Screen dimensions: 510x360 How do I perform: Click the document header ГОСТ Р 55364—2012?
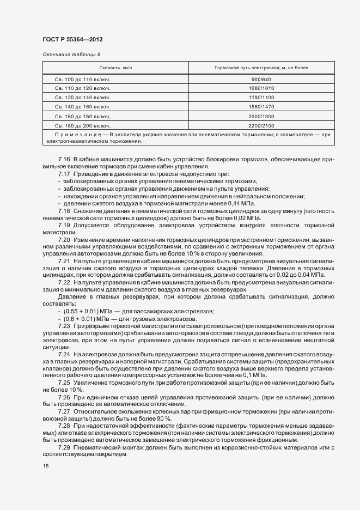[72, 40]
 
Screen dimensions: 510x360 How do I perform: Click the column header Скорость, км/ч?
[116, 68]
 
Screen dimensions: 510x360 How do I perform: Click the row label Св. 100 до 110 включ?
[83, 80]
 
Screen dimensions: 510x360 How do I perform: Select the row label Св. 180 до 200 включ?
[83, 125]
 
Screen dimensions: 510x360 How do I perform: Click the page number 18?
[45, 466]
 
